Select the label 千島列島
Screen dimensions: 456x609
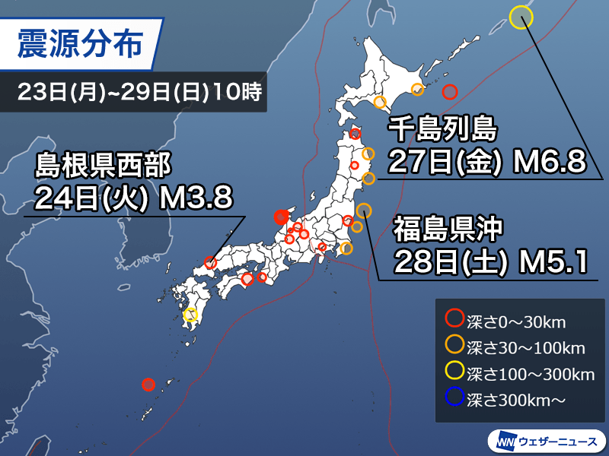tap(442, 130)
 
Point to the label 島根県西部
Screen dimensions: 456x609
tap(104, 163)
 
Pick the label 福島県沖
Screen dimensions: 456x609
tap(446, 229)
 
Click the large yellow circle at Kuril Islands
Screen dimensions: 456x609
tap(521, 17)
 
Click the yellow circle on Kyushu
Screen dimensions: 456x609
tap(190, 315)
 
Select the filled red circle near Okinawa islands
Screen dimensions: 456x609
tap(149, 384)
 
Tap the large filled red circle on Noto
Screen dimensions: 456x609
tap(281, 217)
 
